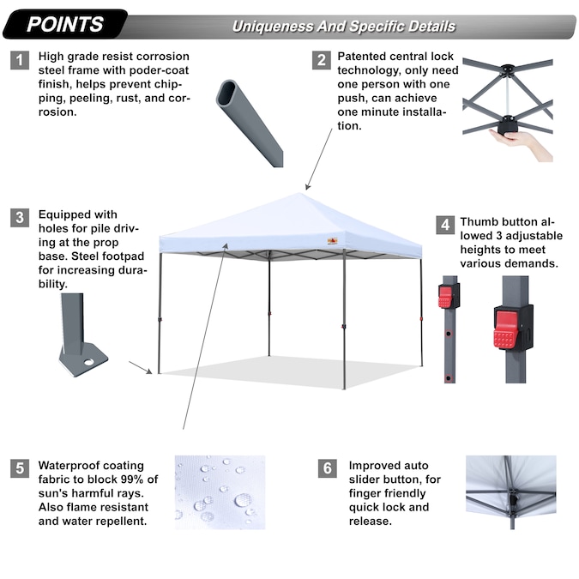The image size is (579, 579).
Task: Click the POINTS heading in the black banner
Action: [65, 24]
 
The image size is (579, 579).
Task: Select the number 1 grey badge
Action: [20, 60]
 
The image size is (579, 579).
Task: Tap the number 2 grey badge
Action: [322, 60]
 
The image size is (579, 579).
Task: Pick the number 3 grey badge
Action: [20, 218]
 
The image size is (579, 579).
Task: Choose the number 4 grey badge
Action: [445, 225]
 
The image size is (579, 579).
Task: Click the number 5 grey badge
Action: [20, 468]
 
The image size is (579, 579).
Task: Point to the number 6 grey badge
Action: [327, 468]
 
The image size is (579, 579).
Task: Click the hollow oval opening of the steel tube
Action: [226, 93]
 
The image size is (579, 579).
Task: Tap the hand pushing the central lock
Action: [522, 143]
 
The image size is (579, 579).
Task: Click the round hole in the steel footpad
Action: [88, 362]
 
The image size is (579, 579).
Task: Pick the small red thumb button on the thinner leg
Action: [445, 297]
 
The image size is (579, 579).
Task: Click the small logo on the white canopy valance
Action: [332, 241]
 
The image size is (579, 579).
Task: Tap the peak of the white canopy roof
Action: [300, 194]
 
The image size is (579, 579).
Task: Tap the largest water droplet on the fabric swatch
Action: [243, 500]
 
